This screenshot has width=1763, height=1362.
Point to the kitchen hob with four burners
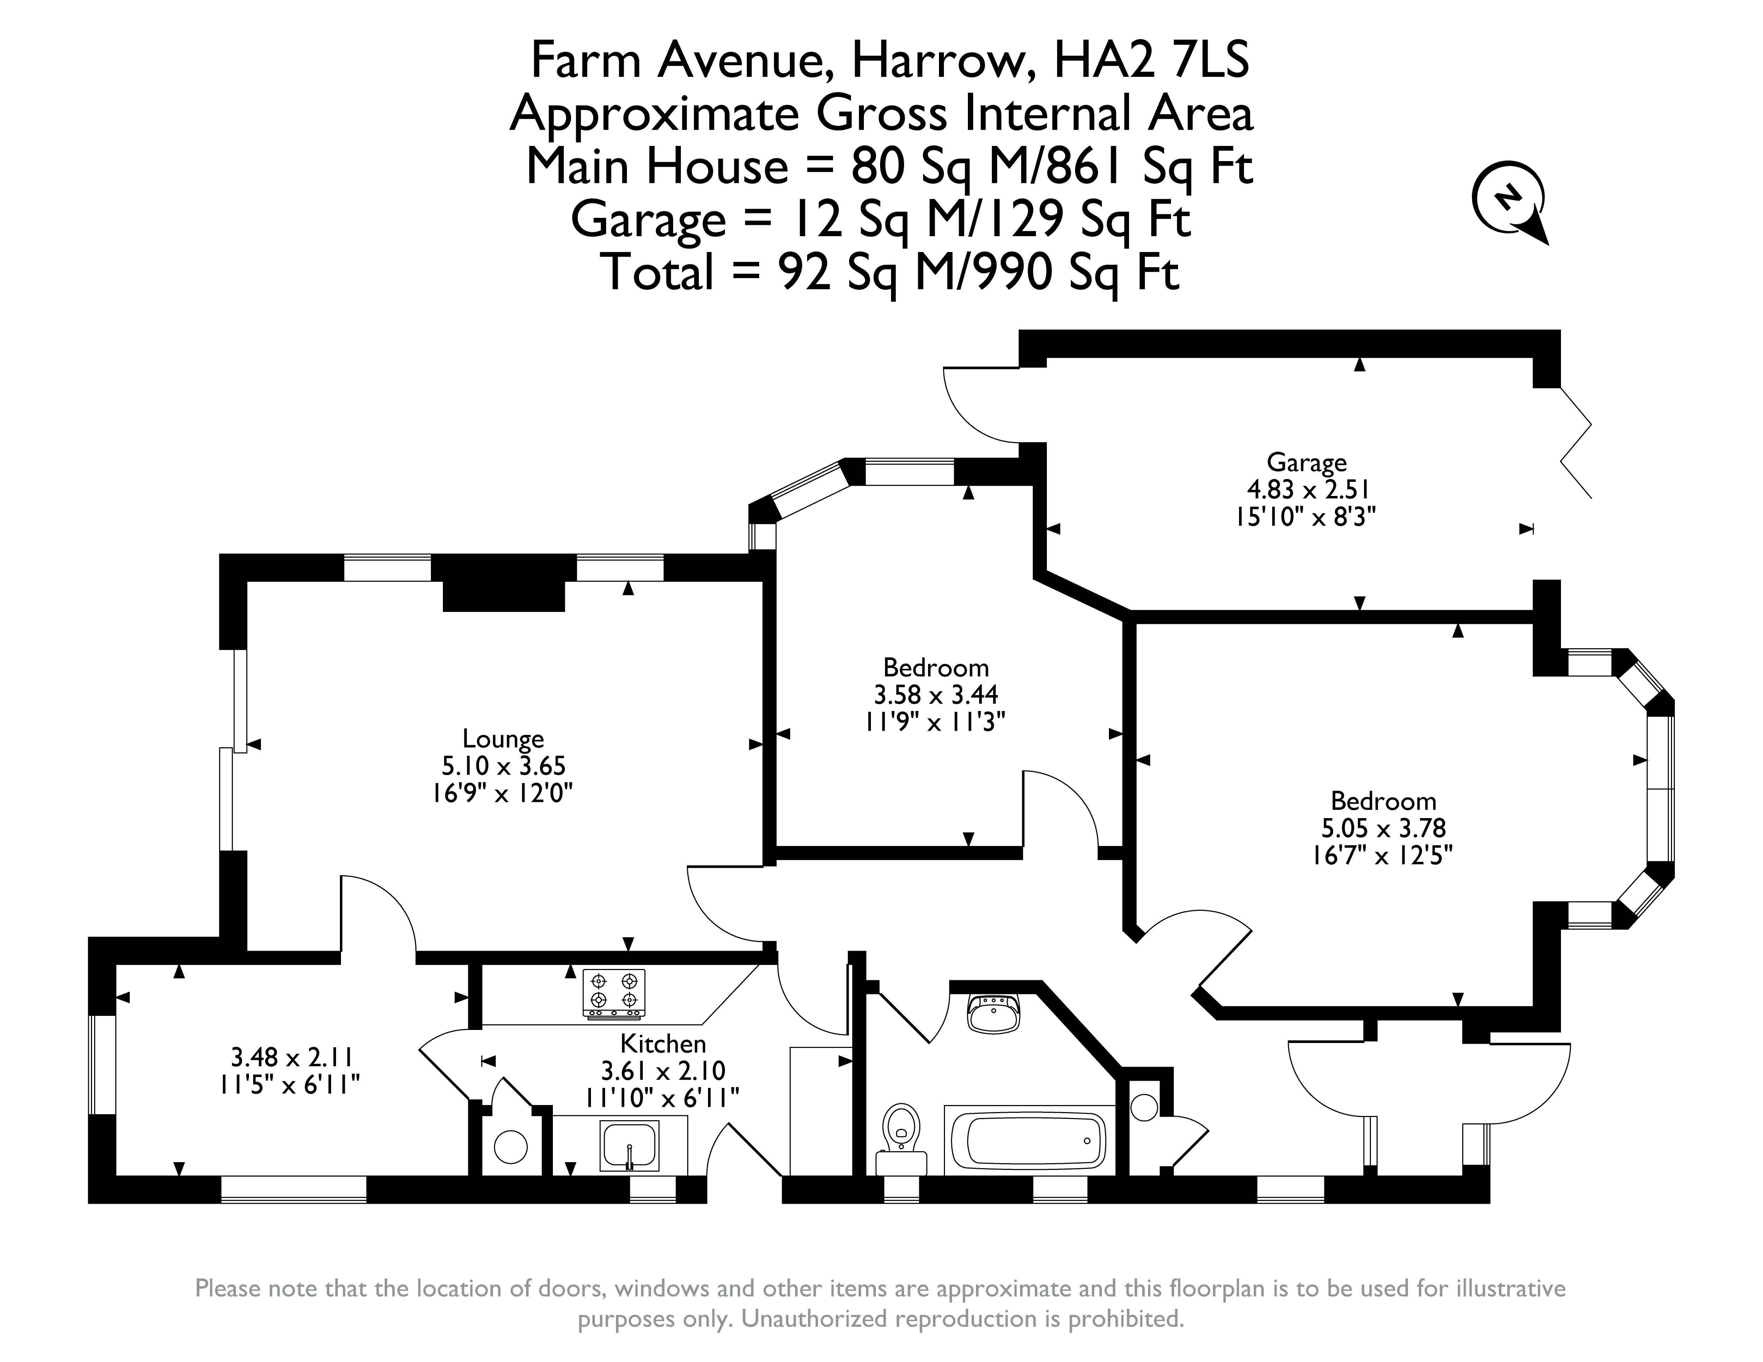pos(614,993)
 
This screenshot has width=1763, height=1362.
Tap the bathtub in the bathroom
pos(1029,1139)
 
